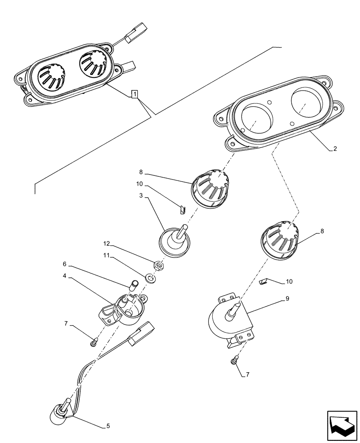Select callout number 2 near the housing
[x=335, y=149]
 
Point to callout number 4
[x=65, y=276]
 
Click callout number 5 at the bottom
[x=108, y=427]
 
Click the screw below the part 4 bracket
[x=94, y=342]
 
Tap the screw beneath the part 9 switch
[x=233, y=362]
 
